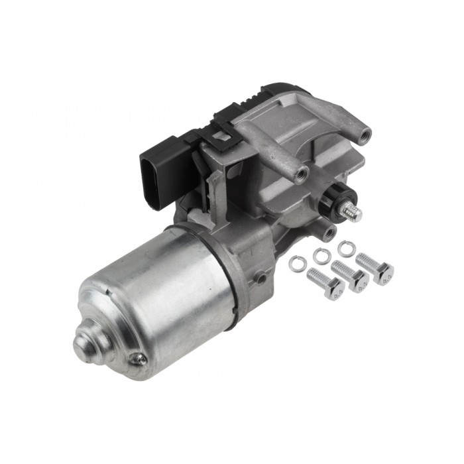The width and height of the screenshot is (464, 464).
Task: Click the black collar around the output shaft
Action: pyautogui.click(x=338, y=200)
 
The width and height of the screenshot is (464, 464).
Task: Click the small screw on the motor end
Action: pyautogui.click(x=139, y=359)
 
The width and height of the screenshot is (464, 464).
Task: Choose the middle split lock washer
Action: pyautogui.click(x=321, y=254)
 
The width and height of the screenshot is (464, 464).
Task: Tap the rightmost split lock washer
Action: pyautogui.click(x=346, y=249)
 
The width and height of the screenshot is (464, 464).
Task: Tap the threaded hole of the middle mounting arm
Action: pyautogui.click(x=302, y=174)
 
